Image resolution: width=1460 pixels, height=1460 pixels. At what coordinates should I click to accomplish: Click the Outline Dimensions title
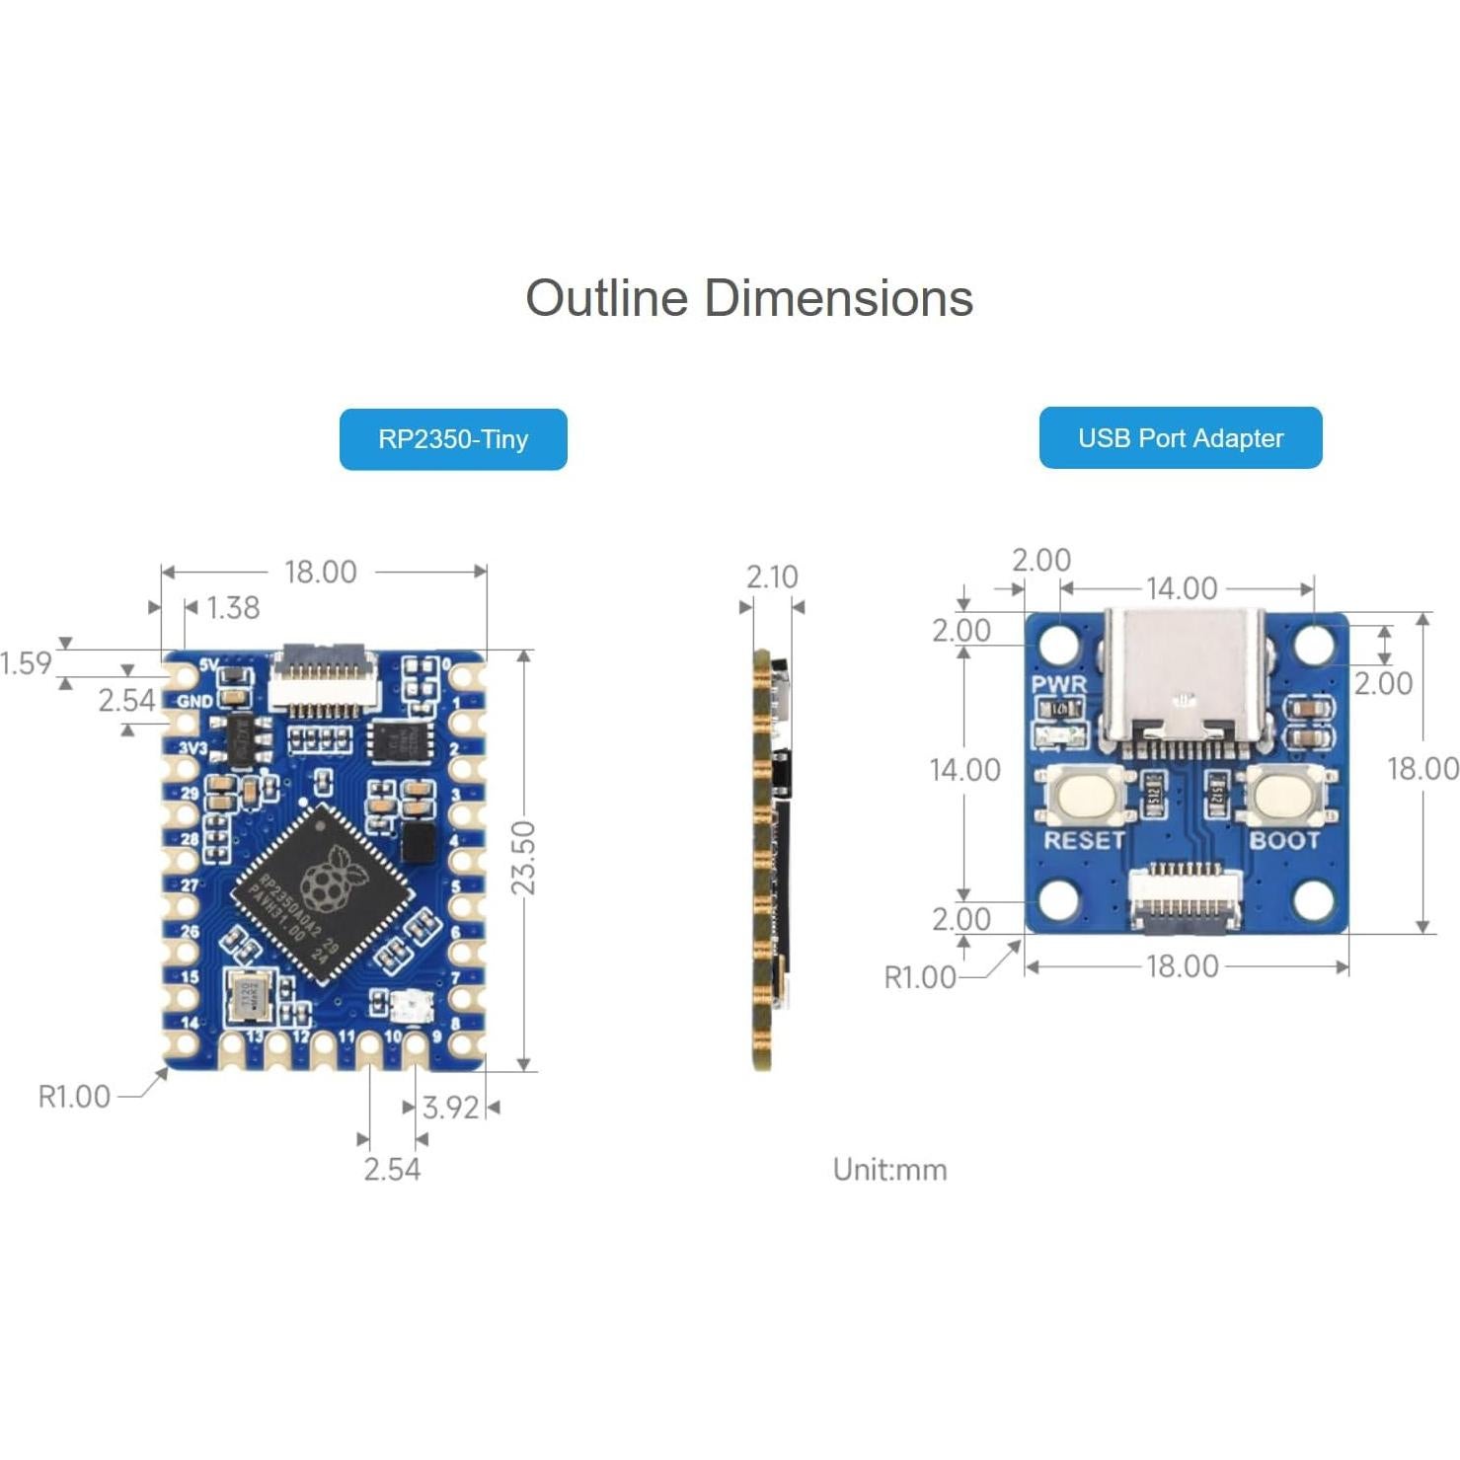click(x=748, y=298)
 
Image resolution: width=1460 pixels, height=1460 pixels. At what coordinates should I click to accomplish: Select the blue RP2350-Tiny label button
click(x=453, y=439)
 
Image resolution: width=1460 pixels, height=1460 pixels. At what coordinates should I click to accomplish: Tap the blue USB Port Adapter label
click(x=1180, y=437)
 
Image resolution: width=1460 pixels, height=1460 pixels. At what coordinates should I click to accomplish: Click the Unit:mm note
click(x=889, y=1170)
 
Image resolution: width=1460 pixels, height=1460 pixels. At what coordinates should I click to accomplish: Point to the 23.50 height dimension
click(x=523, y=857)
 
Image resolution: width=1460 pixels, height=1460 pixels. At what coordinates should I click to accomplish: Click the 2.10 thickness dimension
click(x=771, y=576)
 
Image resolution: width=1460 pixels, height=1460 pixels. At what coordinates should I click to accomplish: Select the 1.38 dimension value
click(x=233, y=607)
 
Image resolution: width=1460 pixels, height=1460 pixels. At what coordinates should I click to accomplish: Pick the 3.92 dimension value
click(x=450, y=1108)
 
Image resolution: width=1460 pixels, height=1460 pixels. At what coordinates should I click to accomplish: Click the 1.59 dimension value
click(x=26, y=662)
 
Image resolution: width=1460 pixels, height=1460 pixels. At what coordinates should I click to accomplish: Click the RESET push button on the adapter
click(x=1083, y=794)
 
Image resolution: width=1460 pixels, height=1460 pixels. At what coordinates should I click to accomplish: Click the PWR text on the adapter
click(x=1058, y=684)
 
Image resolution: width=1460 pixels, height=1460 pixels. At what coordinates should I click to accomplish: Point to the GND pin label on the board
click(x=194, y=701)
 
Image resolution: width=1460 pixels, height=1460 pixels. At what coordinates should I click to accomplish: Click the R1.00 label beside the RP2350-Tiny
click(x=74, y=1097)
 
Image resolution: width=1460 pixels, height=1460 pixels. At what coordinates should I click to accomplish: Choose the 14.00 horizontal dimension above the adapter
click(x=1182, y=588)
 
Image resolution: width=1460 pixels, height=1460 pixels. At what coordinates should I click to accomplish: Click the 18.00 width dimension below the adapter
click(x=1182, y=966)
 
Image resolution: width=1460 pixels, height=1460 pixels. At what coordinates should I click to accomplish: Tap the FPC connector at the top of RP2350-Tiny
click(x=323, y=679)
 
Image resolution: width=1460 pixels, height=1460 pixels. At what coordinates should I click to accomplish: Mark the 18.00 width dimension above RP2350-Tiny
click(x=321, y=572)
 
